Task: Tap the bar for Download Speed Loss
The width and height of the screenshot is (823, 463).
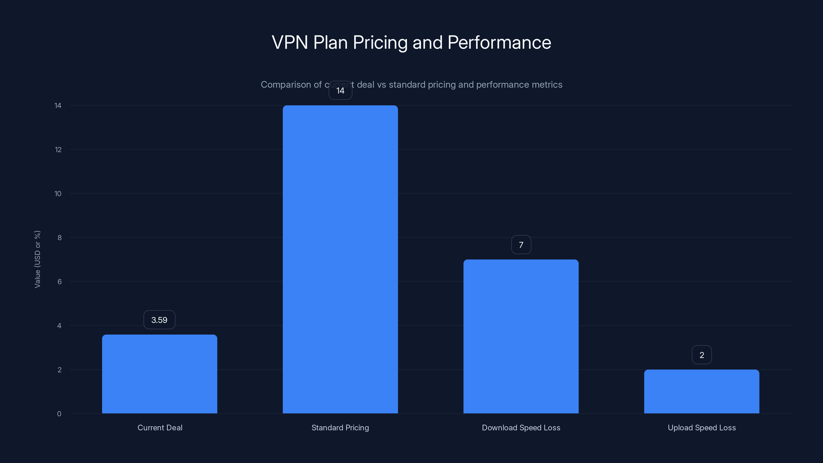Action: coord(521,336)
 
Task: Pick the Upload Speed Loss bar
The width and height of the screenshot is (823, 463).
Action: coord(702,391)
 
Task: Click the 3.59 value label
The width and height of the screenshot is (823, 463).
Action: coord(159,320)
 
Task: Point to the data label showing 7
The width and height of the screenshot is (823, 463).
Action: coord(521,245)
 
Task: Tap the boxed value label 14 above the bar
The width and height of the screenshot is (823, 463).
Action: coord(340,91)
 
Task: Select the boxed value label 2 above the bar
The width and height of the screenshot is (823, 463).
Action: coord(702,355)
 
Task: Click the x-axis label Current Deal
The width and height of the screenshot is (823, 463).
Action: coord(160,428)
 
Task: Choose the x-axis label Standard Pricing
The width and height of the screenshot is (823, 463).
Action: coord(340,428)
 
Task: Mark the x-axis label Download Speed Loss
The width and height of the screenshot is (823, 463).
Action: coord(521,428)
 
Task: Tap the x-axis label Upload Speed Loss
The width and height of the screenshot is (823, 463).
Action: coord(702,428)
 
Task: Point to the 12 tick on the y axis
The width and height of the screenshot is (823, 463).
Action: coord(58,149)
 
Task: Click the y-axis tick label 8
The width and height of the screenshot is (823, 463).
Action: coord(59,237)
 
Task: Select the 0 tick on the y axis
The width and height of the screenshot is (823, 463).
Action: coord(59,414)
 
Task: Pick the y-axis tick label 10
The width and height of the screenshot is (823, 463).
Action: coord(58,194)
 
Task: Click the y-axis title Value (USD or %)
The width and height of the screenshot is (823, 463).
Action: coord(37,259)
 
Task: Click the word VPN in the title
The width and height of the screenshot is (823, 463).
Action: coord(289,42)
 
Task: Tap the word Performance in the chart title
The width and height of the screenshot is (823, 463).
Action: coord(499,42)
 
